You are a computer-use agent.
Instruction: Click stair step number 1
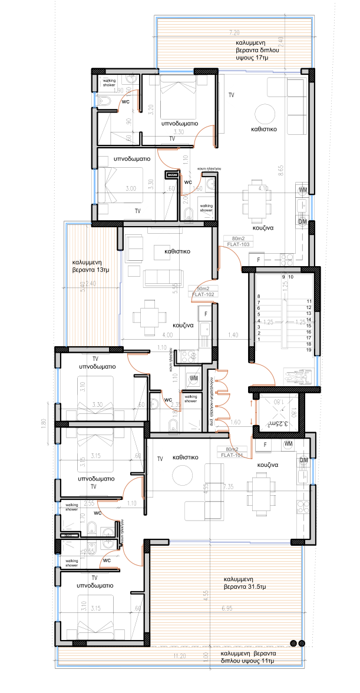click(258, 340)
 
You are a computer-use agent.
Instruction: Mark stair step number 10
click(290, 276)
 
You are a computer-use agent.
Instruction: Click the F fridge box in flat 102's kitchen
click(206, 314)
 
